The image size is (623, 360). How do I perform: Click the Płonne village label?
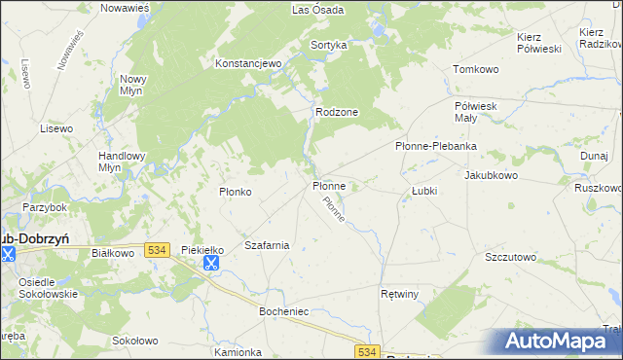click(x=329, y=185)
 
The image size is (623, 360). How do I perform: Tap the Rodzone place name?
click(x=337, y=112)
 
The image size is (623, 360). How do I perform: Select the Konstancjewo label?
click(x=247, y=63)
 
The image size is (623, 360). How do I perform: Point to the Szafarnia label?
click(x=267, y=245)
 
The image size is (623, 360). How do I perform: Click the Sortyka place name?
click(x=329, y=45)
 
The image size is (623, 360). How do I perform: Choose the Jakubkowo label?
click(x=491, y=175)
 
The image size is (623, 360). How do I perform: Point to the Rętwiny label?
click(x=399, y=293)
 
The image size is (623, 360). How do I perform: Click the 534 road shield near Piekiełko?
click(x=157, y=250)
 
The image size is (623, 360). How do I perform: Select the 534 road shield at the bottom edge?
click(x=366, y=351)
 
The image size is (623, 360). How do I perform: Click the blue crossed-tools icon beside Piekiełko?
click(x=210, y=262)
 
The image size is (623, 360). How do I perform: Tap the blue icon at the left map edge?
click(x=9, y=254)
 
